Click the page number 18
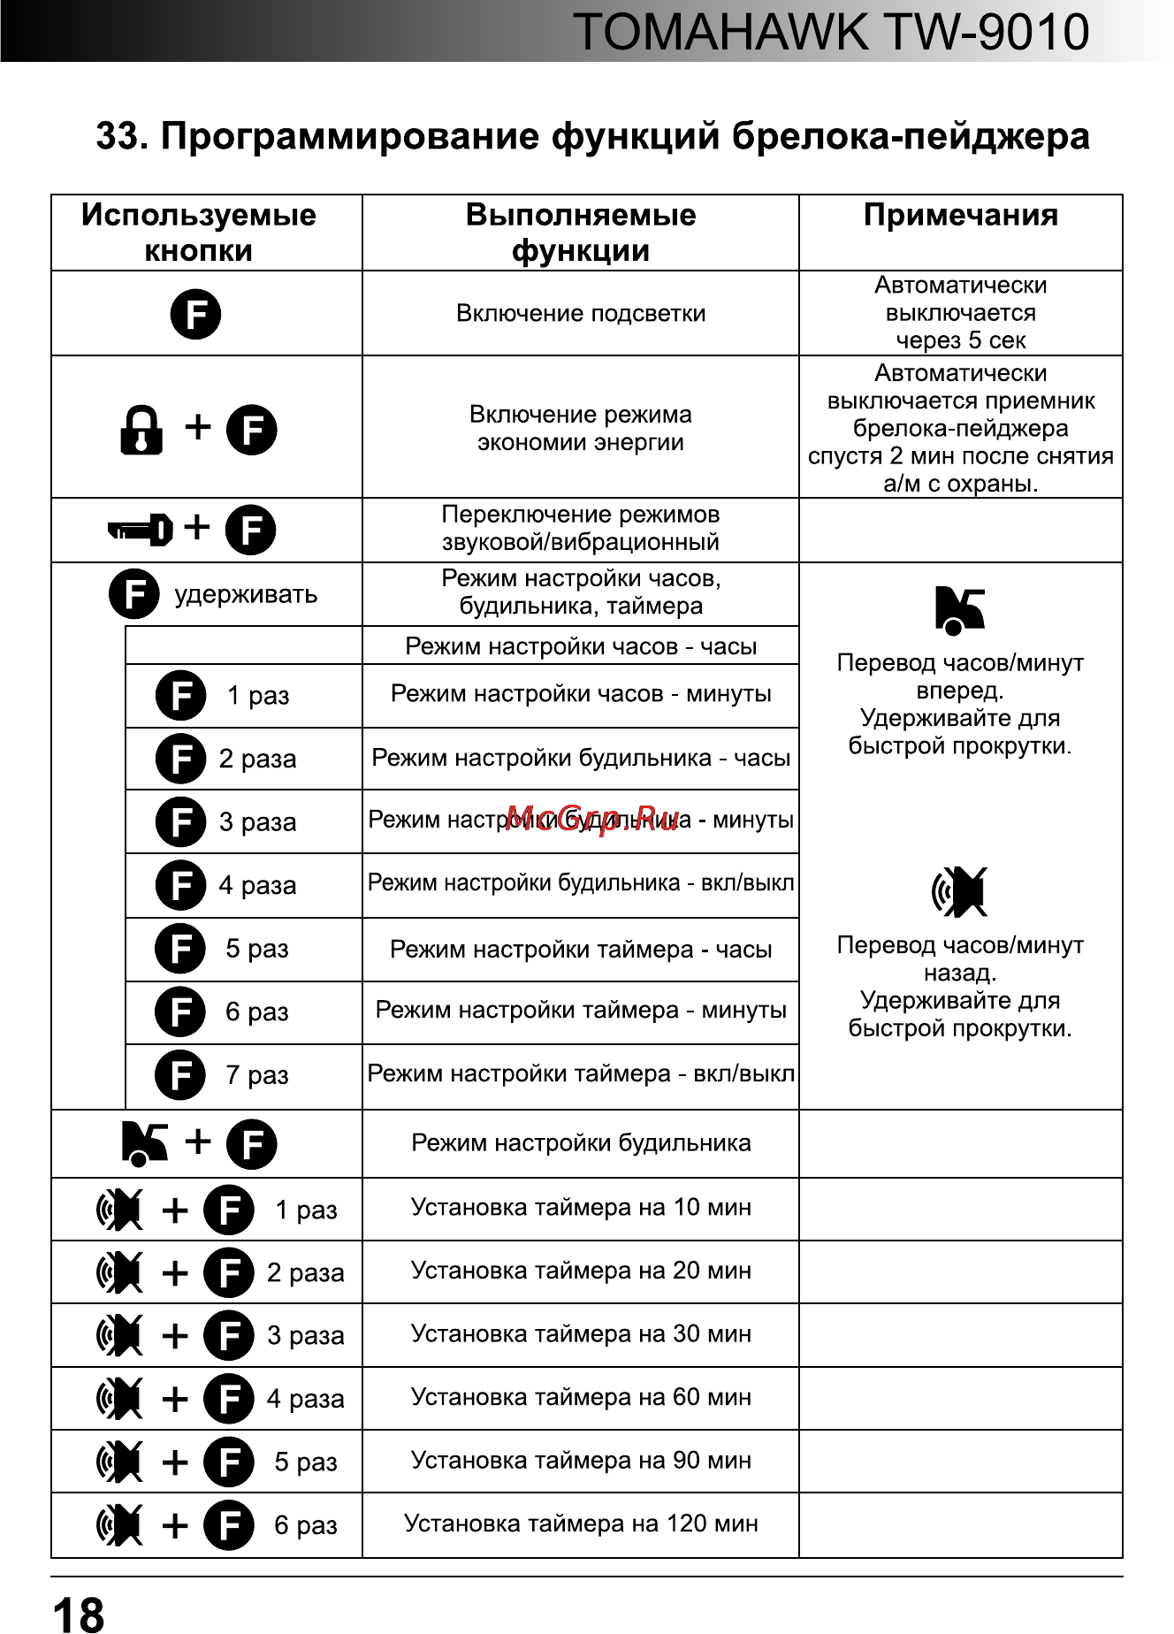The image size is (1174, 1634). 79,1612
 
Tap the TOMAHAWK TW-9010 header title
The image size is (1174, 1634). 830,33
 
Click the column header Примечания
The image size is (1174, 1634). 960,215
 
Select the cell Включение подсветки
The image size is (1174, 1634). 580,313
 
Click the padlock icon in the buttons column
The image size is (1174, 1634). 141,431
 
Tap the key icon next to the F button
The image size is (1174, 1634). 140,530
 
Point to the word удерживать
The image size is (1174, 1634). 246,594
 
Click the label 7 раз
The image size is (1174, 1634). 257,1075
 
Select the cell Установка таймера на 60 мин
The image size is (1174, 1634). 581,1397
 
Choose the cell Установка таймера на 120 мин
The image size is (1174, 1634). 581,1523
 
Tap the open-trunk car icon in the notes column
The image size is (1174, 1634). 959,610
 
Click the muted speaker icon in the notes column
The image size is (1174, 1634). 960,891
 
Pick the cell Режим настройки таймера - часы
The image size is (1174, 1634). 581,950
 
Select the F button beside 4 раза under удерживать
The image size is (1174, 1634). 181,885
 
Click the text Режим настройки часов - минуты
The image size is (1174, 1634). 581,694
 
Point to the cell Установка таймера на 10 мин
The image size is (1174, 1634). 581,1208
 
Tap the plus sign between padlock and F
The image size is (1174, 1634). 198,427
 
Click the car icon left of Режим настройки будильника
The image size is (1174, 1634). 144,1142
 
